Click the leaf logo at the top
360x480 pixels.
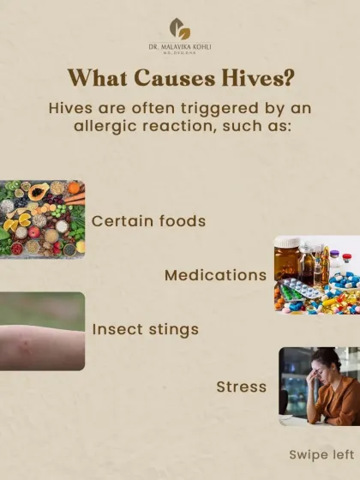(180, 27)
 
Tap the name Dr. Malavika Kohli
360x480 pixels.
(180, 45)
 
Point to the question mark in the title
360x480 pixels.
(291, 77)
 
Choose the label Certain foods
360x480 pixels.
(149, 220)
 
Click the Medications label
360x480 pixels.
(215, 275)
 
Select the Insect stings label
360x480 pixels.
(145, 329)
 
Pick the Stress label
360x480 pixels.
(241, 386)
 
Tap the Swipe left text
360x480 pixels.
(319, 454)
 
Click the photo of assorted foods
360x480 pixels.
(42, 219)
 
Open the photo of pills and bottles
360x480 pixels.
(317, 274)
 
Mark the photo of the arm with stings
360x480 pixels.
(42, 331)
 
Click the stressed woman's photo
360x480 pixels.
(319, 386)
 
